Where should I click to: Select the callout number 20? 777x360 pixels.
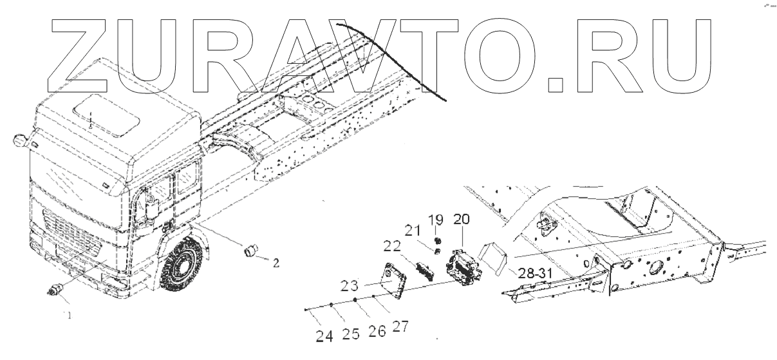(461, 219)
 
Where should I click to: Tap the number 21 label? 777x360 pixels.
(412, 230)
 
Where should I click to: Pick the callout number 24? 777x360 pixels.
(324, 334)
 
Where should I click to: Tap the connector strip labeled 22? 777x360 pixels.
(426, 270)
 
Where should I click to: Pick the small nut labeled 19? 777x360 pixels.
(438, 240)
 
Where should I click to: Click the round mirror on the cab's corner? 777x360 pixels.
(20, 140)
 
